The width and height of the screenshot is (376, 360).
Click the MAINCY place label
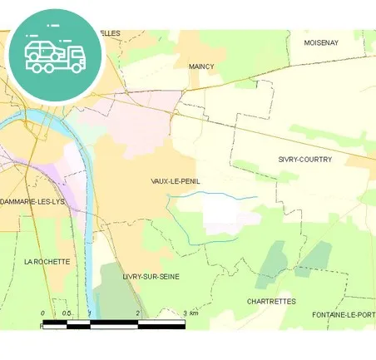point(201,66)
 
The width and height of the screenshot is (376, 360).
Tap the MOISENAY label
point(321,42)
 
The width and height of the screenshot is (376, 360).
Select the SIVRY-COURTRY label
point(304,159)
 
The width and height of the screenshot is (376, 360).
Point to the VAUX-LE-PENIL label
point(176,180)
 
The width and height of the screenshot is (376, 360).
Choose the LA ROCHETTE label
point(47,261)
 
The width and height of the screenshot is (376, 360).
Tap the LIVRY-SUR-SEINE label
point(151,276)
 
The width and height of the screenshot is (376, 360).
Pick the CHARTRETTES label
point(271,301)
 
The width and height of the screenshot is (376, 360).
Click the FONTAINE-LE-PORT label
point(344,314)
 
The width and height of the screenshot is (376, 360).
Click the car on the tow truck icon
point(42,50)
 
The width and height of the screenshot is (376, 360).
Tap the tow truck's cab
point(75,57)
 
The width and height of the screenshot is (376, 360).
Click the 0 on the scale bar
point(42,313)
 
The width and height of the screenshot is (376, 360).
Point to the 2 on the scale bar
point(137,313)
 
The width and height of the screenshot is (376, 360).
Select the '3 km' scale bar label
point(191,313)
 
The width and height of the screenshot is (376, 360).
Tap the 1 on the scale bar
point(90,313)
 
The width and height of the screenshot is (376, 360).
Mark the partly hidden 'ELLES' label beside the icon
point(110,32)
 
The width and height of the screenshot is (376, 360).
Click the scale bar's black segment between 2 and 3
point(161,322)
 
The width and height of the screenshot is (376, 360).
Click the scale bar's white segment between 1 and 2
point(114,322)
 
